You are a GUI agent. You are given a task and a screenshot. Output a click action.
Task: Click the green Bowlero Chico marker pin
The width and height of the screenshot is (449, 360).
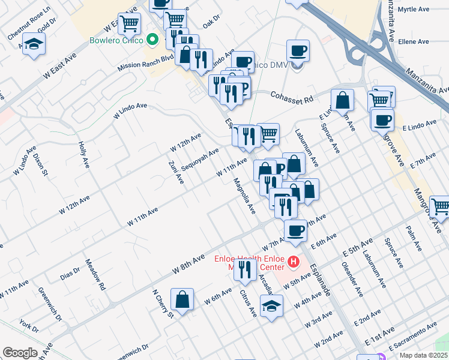point(152,41)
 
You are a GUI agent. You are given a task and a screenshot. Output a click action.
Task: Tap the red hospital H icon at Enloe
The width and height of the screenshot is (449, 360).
point(294,262)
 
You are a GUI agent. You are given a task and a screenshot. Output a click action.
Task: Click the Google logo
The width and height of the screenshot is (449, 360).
point(20,353)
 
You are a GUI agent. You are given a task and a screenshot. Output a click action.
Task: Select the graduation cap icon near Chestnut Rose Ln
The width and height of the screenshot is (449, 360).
point(35,44)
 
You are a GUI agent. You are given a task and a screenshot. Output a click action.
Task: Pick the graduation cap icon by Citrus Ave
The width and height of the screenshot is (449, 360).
point(271,305)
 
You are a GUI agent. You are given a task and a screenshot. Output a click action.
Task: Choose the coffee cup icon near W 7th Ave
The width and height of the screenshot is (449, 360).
point(295,230)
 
